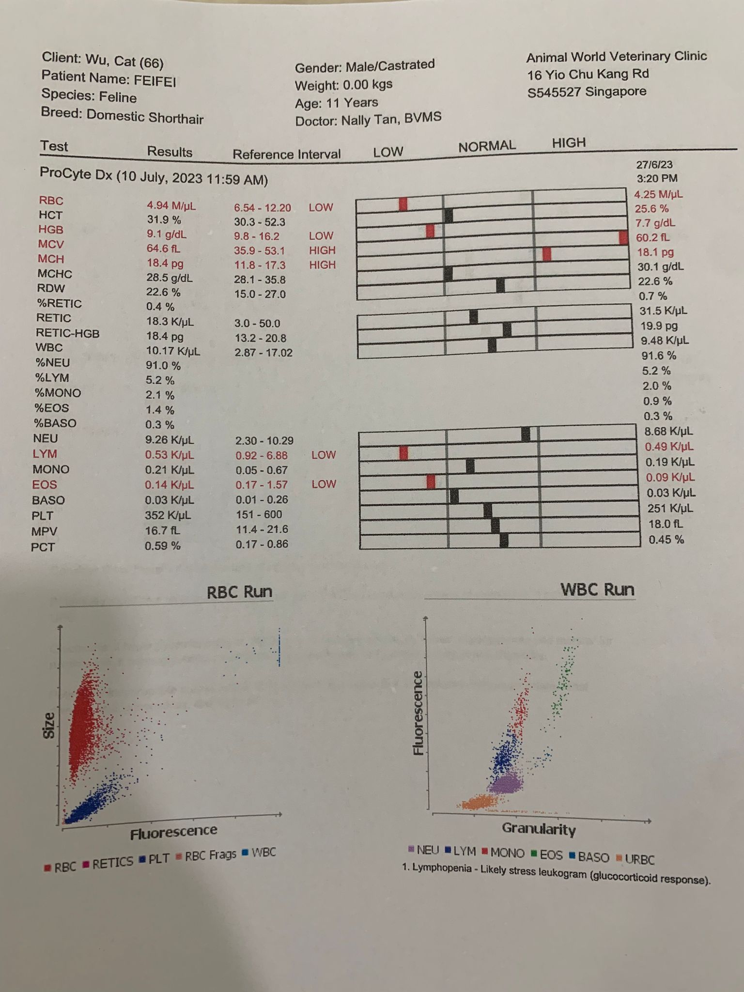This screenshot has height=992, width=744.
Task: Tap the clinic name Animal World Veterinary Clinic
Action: [x=616, y=57]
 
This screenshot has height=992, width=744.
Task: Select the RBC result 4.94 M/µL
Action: [x=171, y=206]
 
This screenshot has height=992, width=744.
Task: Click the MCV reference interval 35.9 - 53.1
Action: [x=260, y=251]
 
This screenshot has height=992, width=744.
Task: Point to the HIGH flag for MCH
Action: [x=322, y=265]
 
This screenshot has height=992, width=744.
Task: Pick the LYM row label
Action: [x=45, y=454]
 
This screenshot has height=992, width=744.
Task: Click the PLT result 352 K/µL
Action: [x=168, y=515]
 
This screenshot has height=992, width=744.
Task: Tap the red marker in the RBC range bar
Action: [x=403, y=204]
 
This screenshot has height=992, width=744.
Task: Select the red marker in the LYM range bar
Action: [x=403, y=453]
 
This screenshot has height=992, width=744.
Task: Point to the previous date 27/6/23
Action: [x=655, y=165]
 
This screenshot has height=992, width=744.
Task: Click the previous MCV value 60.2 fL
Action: [x=652, y=238]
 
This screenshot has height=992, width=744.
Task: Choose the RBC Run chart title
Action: [x=239, y=592]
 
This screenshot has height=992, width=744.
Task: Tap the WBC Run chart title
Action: [x=597, y=590]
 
